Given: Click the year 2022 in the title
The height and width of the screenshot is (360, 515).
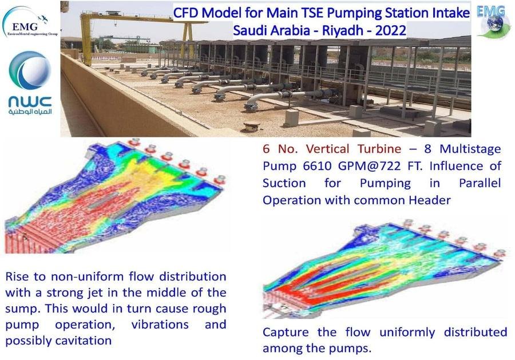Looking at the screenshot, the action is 390,30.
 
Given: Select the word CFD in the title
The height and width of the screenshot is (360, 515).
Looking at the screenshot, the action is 185,13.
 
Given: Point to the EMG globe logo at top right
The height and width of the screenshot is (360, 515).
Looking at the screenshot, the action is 492,21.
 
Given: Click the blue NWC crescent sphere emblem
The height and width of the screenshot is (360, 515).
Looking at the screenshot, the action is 30,70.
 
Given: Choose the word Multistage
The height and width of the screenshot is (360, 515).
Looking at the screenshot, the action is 470,149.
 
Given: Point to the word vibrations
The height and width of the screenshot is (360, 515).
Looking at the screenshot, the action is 160,325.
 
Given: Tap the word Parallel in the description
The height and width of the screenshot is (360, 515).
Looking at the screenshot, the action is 480,183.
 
